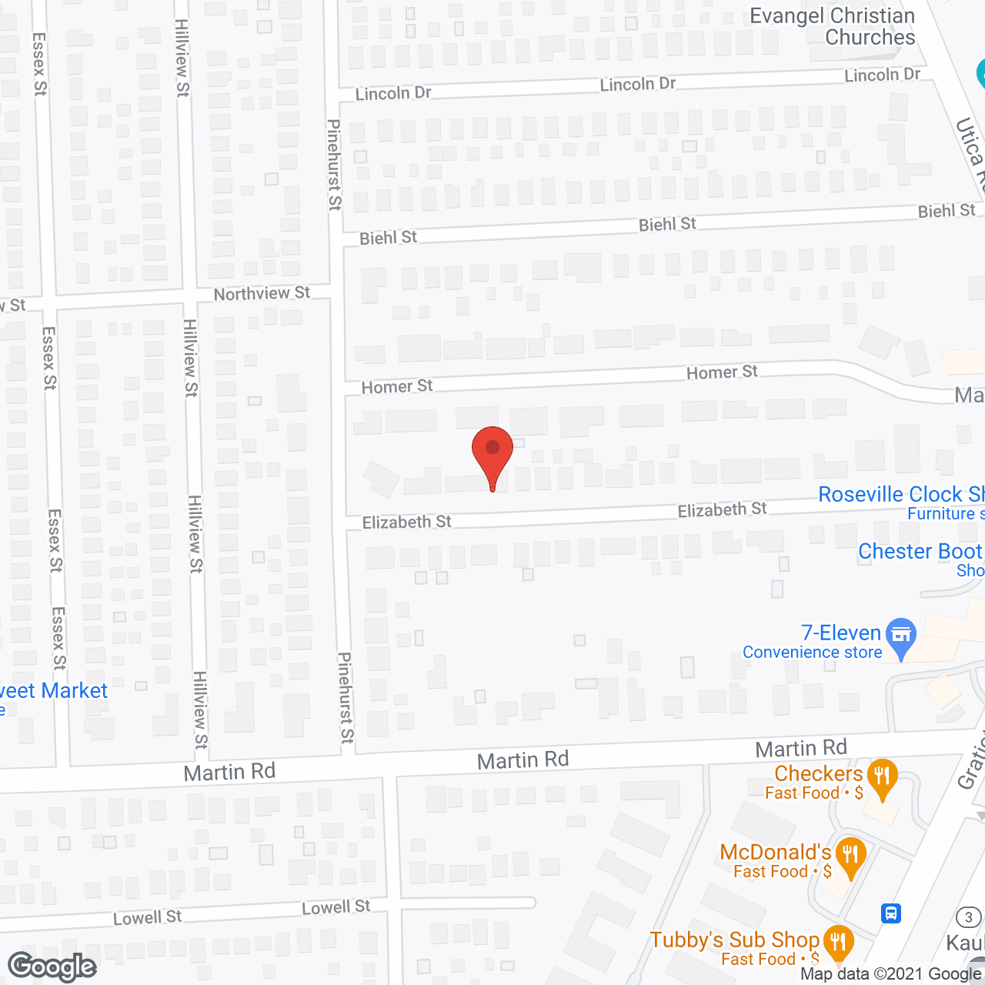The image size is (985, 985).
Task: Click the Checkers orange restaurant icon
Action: pos(882,776)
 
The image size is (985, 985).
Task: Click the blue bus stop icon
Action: pos(891,913)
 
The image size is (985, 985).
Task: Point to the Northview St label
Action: pos(262,293)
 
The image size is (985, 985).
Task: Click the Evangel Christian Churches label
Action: pos(833,26)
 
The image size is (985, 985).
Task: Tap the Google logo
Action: pos(52,967)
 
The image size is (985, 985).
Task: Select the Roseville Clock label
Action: pos(900,494)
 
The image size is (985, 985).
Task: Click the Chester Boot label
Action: pos(920,551)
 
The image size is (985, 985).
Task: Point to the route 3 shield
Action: pos(969,917)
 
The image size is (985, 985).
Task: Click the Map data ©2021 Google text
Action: pos(891,974)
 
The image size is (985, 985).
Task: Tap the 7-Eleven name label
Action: pos(841,633)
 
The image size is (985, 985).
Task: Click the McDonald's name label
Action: pos(776,852)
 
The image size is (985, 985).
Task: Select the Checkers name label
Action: pos(819,773)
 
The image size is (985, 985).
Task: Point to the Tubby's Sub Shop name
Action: pos(734,940)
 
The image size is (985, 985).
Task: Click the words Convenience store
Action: pos(812,653)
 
